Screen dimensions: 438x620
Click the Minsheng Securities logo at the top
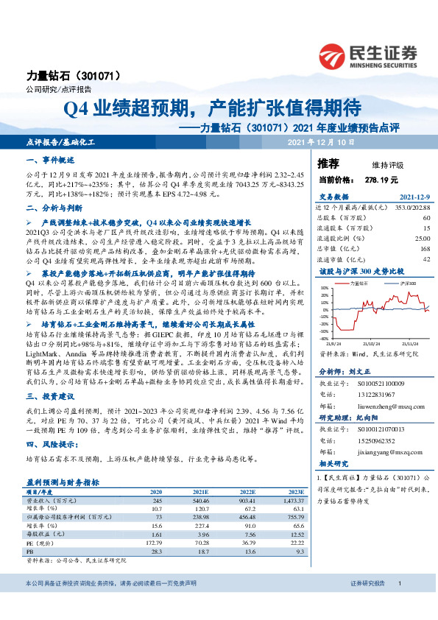point(368,54)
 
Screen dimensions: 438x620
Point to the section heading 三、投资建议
point(51,395)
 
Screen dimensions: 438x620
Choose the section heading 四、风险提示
point(52,444)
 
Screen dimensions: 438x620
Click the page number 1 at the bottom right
point(398,604)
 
